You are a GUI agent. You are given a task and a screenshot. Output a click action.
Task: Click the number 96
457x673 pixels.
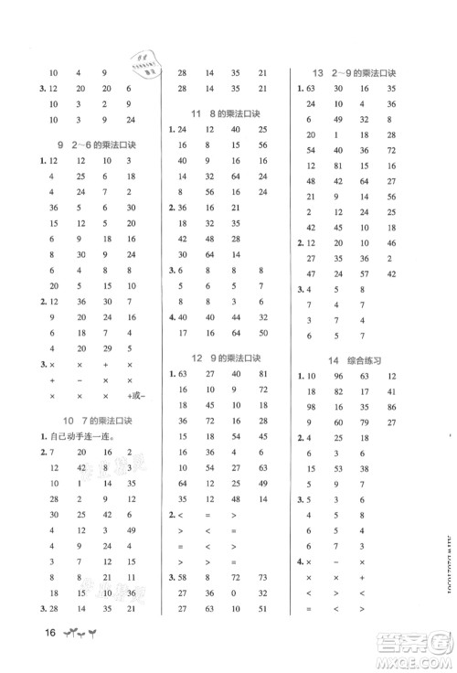pos(337,377)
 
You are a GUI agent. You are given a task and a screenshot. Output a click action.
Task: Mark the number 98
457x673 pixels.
pos(311,406)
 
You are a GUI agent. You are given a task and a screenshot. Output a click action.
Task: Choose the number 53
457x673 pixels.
pos(337,467)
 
